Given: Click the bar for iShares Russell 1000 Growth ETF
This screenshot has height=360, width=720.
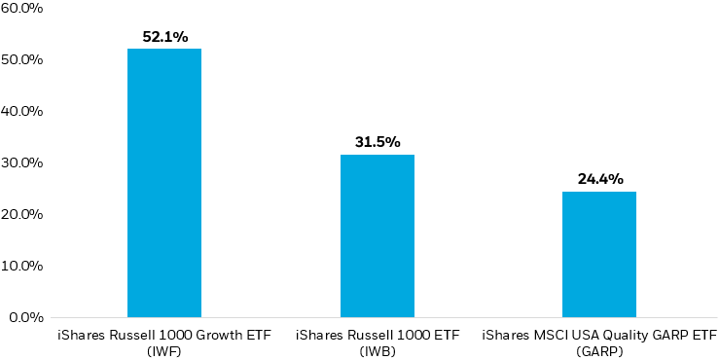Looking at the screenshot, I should (x=164, y=183).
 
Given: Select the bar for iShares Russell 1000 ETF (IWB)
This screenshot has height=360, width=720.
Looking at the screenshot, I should (x=378, y=235).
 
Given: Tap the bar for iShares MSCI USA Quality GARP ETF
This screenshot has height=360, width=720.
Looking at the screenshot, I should (x=599, y=254).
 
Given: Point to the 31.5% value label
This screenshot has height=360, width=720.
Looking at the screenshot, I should (x=378, y=142).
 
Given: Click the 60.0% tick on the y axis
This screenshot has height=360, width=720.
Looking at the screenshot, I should (x=21, y=9).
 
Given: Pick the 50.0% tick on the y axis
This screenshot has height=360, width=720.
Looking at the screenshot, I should (x=21, y=60).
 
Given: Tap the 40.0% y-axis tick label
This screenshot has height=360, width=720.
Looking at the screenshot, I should (x=21, y=112).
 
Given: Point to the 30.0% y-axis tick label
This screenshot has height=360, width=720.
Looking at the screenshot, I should (x=21, y=163).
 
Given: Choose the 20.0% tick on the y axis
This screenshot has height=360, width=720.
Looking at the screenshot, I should (x=21, y=214).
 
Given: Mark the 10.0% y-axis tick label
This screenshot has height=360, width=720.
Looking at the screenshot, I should (x=21, y=266).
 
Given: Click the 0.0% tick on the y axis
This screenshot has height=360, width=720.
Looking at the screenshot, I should (x=24, y=317).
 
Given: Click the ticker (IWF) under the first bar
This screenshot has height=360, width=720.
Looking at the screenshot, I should (x=163, y=349).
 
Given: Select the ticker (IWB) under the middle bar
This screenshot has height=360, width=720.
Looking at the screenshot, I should (x=378, y=349).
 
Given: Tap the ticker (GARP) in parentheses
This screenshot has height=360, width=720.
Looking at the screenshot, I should (x=599, y=349).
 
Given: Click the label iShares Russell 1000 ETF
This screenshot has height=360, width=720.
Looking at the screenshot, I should (x=378, y=335).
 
